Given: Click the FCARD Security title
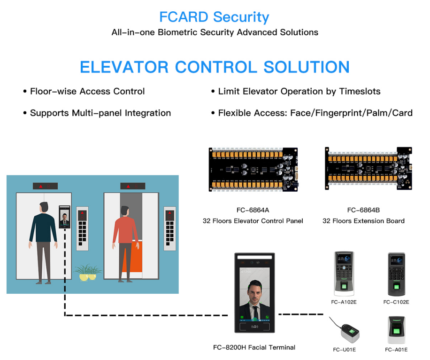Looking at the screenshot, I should pyautogui.click(x=214, y=17).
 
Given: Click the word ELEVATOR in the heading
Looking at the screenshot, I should pyautogui.click(x=123, y=67).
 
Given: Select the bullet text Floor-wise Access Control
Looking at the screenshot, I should pyautogui.click(x=87, y=91).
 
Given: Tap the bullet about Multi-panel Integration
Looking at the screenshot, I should pyautogui.click(x=100, y=113).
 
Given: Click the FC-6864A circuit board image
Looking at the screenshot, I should pyautogui.click(x=253, y=170).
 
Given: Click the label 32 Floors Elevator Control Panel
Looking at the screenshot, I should pyautogui.click(x=253, y=221).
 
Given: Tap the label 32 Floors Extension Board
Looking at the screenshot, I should pyautogui.click(x=363, y=221).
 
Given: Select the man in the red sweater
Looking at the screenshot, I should pyautogui.click(x=125, y=240).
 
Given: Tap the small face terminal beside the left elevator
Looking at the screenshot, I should pyautogui.click(x=64, y=218).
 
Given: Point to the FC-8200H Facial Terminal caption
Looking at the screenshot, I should pyautogui.click(x=254, y=347).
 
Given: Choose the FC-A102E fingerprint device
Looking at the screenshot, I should pyautogui.click(x=344, y=273).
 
